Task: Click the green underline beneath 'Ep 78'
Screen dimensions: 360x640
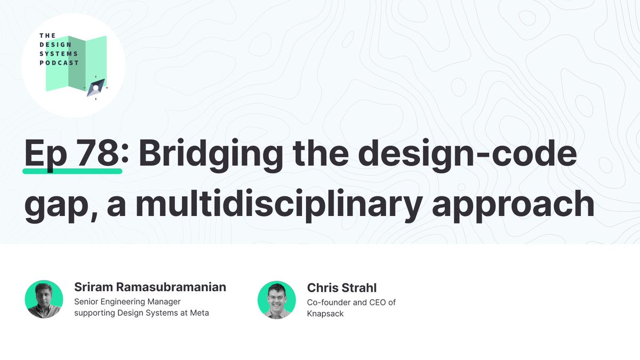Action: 73,171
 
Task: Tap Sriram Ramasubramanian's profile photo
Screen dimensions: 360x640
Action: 44,299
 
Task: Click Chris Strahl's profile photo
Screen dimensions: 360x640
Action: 276,299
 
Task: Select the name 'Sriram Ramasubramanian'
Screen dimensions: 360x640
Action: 150,287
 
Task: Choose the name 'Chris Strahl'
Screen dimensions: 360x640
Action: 342,288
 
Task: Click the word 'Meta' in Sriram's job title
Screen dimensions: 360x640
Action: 198,313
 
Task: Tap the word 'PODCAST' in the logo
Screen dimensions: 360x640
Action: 59,62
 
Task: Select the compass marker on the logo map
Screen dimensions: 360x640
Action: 96,87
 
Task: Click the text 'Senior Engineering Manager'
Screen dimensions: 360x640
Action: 128,302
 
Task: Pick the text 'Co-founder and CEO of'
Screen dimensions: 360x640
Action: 351,302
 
